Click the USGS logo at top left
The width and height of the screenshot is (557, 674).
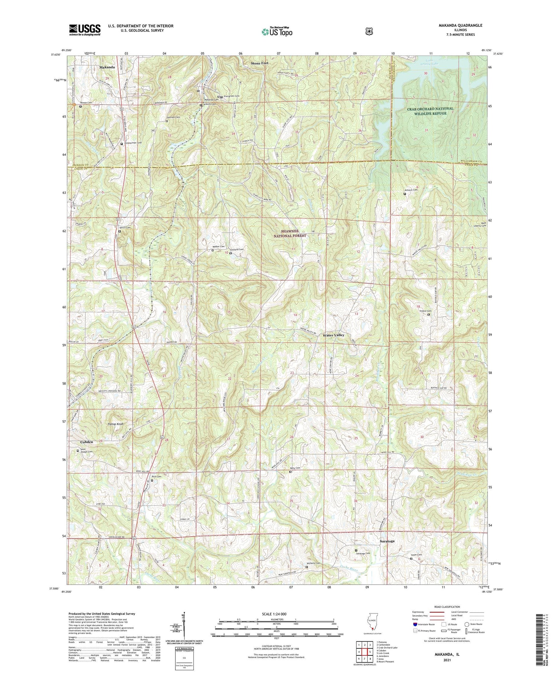tap(85, 30)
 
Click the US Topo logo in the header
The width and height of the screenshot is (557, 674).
tap(277, 32)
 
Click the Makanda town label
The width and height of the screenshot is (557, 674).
tap(107, 67)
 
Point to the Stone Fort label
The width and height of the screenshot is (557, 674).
tap(260, 63)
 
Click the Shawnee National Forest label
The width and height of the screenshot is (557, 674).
tap(290, 233)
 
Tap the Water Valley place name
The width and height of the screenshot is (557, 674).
tap(333, 335)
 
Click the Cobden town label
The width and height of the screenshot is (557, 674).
tap(87, 442)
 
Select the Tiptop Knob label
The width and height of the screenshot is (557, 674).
tap(115, 424)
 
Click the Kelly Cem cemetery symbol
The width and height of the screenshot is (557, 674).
tap(290, 472)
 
